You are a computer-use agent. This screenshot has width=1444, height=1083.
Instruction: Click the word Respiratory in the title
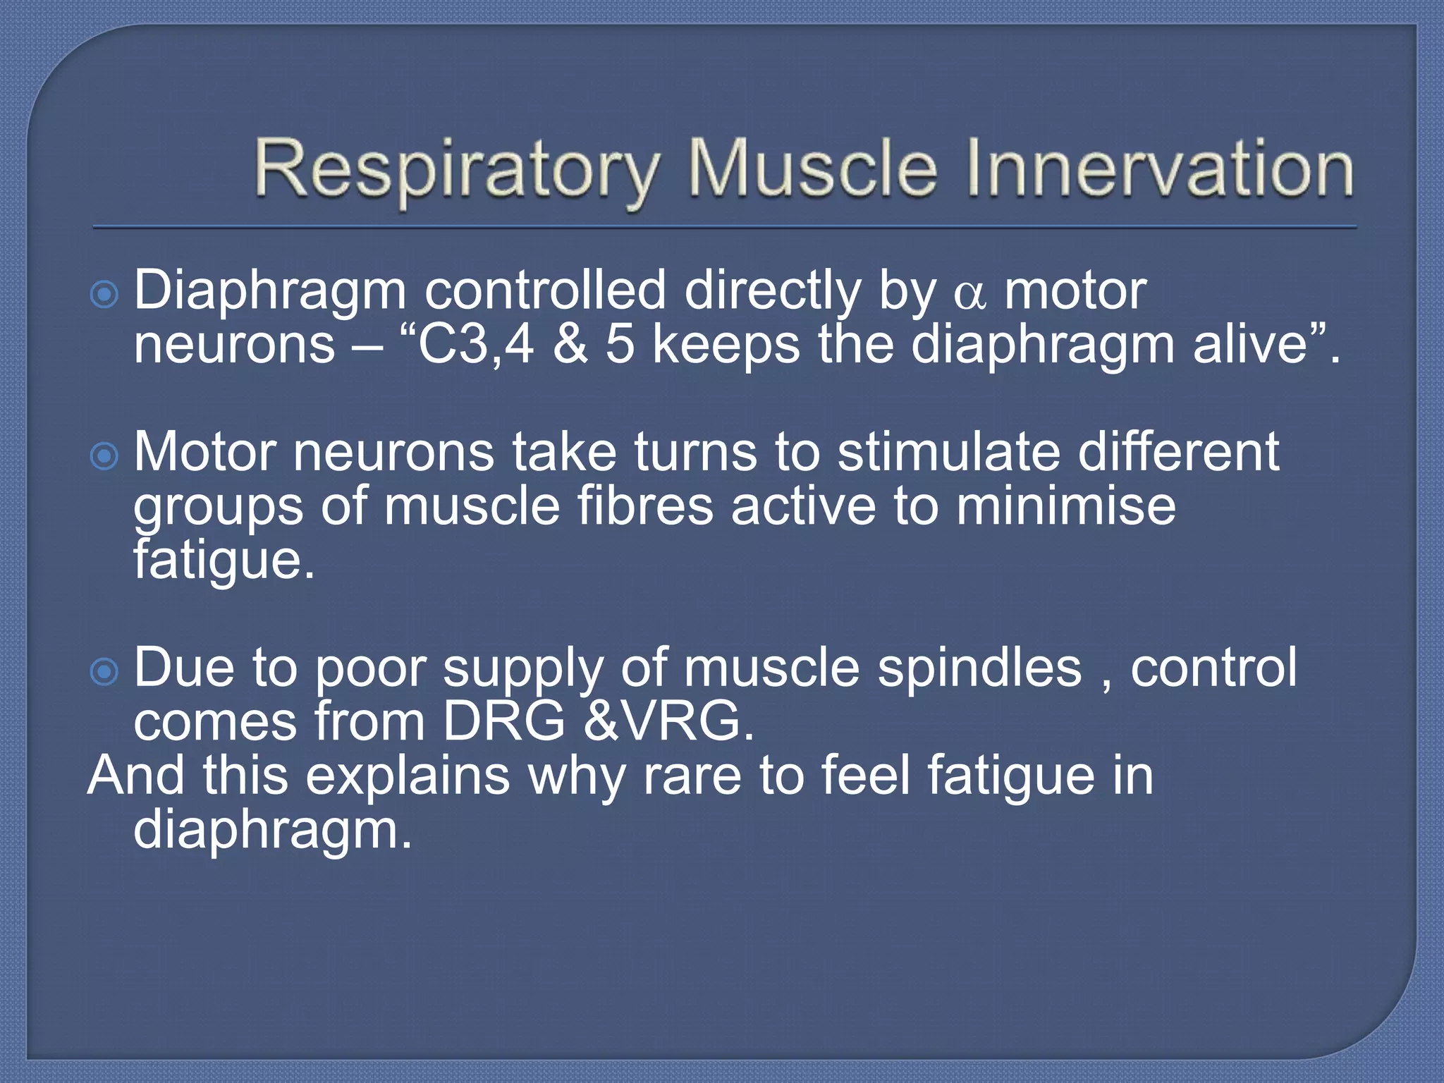tap(454, 169)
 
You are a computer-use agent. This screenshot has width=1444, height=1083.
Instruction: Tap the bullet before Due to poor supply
tap(104, 671)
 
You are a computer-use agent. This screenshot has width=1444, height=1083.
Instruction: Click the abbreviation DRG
tap(503, 722)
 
